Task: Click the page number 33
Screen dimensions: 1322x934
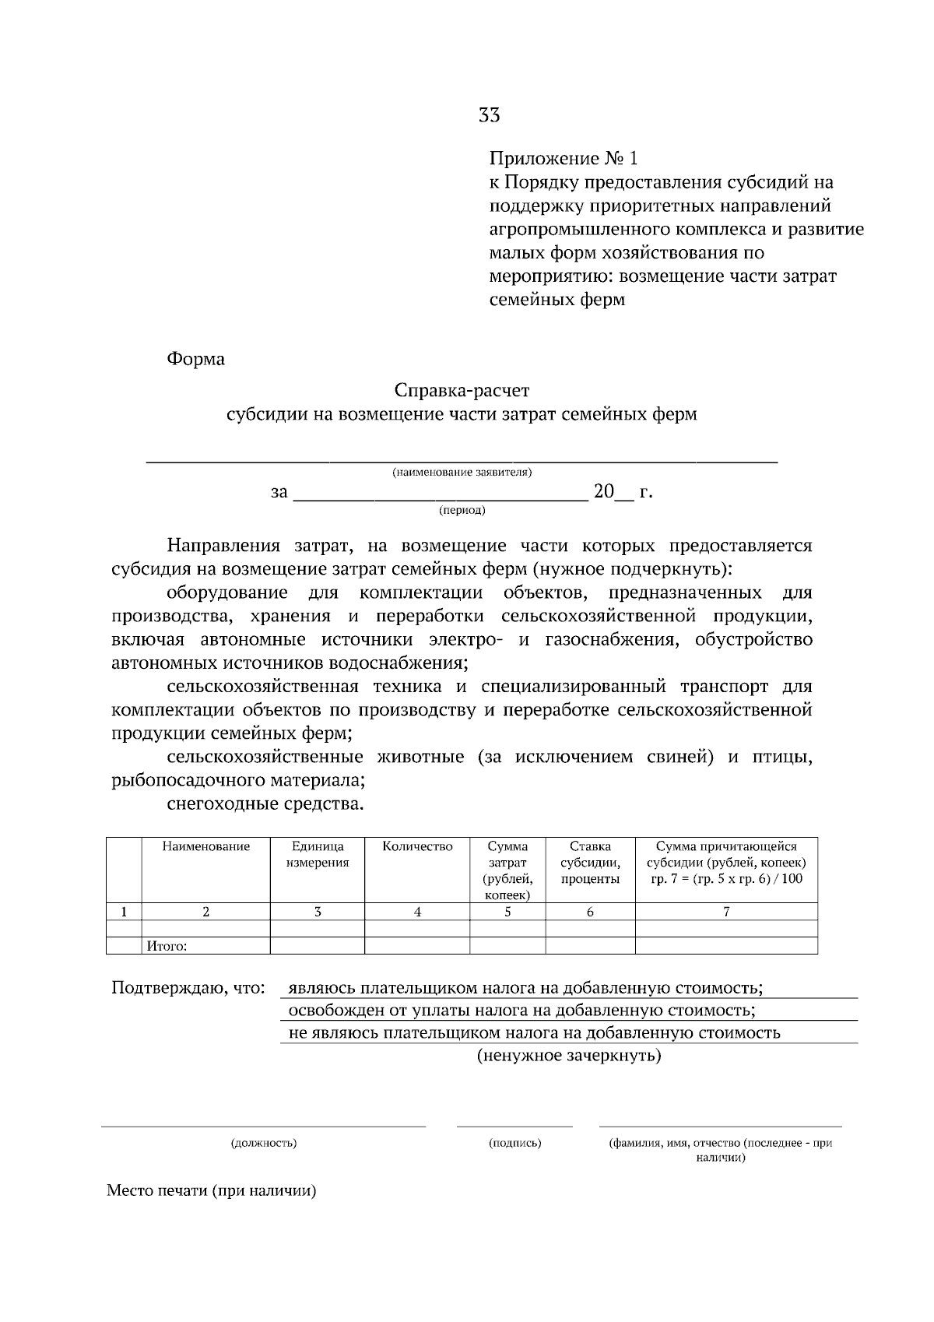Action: tap(489, 116)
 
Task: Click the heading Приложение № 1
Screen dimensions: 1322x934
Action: tap(563, 160)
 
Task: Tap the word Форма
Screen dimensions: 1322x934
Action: tap(195, 359)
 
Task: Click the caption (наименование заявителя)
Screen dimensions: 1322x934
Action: tap(462, 473)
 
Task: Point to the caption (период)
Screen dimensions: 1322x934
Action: tap(462, 511)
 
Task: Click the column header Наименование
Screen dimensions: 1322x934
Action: tap(205, 847)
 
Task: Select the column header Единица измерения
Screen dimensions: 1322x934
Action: tap(318, 855)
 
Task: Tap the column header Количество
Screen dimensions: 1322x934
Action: tap(417, 847)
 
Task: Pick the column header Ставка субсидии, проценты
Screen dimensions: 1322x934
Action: tap(590, 863)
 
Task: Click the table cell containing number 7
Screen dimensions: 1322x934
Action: tap(725, 912)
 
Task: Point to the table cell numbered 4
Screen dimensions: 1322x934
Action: tap(417, 912)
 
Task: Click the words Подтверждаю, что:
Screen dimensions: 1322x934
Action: tap(188, 989)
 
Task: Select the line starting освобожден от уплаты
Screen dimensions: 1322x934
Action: tap(521, 1011)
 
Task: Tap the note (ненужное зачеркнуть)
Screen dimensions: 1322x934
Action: tap(568, 1057)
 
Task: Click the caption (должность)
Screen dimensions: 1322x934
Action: tap(263, 1144)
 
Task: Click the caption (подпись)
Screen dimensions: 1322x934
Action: tap(514, 1144)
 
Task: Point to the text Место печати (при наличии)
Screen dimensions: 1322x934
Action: tap(212, 1191)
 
